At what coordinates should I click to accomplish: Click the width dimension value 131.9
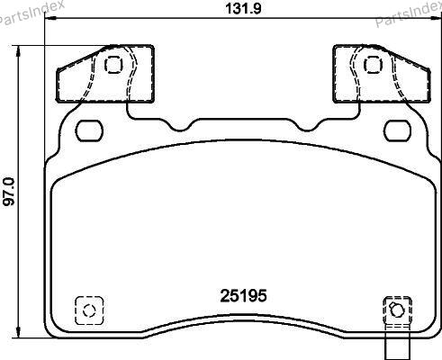243,8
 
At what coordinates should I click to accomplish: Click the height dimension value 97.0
9,192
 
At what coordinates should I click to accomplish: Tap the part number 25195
243,296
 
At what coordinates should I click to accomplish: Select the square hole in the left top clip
113,65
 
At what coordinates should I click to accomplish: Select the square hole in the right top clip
373,65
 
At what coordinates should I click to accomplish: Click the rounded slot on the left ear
89,130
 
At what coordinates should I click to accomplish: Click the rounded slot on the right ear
398,130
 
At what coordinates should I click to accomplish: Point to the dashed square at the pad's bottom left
89,310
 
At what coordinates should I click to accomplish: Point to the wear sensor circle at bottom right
397,310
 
